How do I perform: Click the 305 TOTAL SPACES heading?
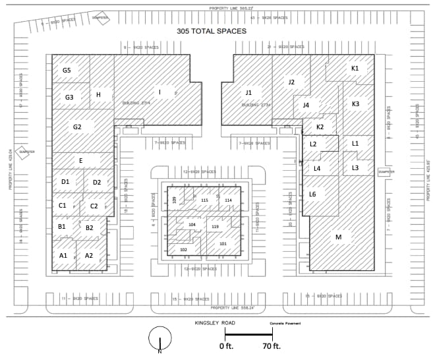(211, 31)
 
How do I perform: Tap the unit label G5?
(67, 70)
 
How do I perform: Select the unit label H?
(98, 94)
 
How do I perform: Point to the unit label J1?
(248, 93)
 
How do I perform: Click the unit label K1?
(355, 68)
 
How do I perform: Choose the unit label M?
(338, 237)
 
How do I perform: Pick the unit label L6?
(312, 195)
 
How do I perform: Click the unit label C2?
(94, 206)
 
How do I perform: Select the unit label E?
(80, 160)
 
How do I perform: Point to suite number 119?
(215, 227)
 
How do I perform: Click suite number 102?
(183, 250)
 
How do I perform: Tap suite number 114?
(228, 200)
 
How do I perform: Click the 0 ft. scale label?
(227, 346)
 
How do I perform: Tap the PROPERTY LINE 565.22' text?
(231, 8)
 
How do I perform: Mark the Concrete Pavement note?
(281, 323)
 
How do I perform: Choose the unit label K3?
(355, 104)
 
